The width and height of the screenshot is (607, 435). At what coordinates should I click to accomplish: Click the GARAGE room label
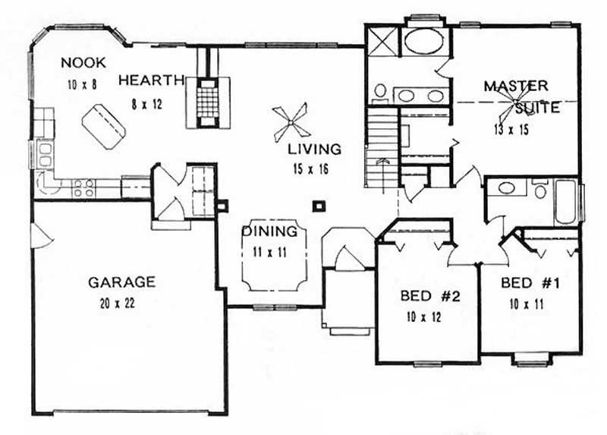(x=121, y=282)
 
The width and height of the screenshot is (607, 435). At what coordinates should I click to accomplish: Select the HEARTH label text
(x=152, y=79)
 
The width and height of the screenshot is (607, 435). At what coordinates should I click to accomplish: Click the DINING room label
(x=269, y=232)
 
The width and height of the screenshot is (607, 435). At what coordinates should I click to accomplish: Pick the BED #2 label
(x=426, y=296)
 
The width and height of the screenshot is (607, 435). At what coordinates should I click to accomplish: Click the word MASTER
(x=516, y=86)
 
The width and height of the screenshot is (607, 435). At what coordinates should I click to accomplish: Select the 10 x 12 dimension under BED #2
(x=425, y=317)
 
